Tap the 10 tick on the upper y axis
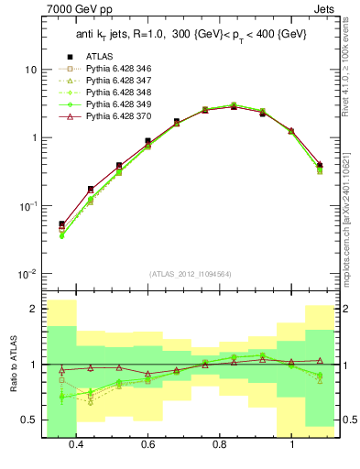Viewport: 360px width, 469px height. tap(31, 70)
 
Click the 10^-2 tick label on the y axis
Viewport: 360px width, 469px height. tap(27, 274)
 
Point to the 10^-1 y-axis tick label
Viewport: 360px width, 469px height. tap(27, 206)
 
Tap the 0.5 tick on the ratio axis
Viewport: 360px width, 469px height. tap(29, 420)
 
